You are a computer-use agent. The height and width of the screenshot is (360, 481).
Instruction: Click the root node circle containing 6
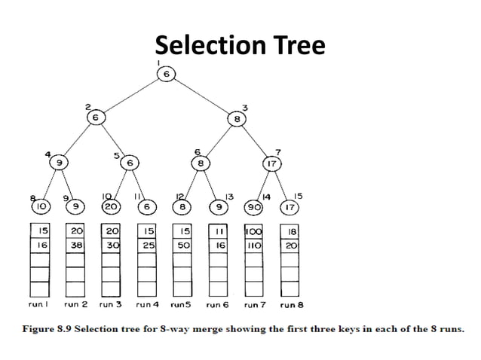click(165, 74)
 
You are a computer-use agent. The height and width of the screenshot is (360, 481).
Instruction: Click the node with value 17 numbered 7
click(271, 162)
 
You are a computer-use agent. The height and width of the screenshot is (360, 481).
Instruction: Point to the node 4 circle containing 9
click(57, 162)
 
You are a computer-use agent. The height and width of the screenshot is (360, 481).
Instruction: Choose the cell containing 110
click(253, 246)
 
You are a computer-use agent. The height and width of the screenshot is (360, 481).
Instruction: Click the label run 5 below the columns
click(181, 305)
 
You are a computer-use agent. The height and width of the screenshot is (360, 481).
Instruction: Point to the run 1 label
click(39, 305)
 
